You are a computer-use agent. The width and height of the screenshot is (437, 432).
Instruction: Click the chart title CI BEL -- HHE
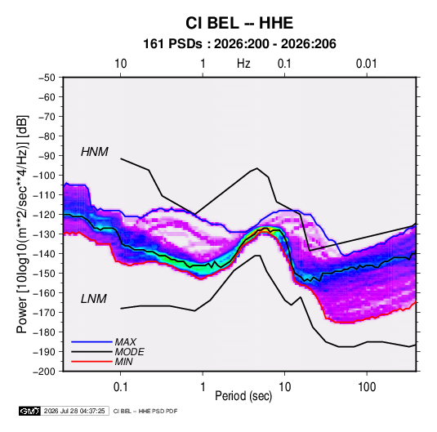click(x=239, y=23)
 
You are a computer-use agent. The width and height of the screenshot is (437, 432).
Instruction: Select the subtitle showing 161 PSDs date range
click(x=239, y=44)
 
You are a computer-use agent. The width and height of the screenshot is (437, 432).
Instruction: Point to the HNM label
click(x=95, y=152)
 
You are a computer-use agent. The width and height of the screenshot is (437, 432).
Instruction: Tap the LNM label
click(x=94, y=299)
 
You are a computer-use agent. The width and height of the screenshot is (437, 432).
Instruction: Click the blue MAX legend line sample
click(x=91, y=342)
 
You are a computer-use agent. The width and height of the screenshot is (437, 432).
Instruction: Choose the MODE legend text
click(x=130, y=352)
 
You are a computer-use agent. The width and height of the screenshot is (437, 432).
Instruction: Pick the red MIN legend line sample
click(x=91, y=362)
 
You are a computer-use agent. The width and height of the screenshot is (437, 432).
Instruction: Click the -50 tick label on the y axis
click(x=47, y=78)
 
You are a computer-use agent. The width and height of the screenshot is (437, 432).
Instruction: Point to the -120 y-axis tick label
click(x=44, y=215)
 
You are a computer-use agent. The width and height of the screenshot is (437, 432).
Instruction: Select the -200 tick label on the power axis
click(x=44, y=372)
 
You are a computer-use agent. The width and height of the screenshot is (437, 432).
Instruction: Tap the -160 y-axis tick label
click(x=44, y=293)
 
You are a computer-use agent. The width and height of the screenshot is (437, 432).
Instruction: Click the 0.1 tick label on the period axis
click(x=121, y=387)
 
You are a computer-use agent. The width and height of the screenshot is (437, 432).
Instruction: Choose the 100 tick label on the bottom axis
click(x=367, y=387)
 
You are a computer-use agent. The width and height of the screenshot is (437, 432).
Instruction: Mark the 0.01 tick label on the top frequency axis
click(x=367, y=64)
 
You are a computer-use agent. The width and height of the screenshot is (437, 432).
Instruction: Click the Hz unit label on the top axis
click(x=243, y=64)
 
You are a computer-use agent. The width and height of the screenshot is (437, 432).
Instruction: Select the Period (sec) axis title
click(x=243, y=396)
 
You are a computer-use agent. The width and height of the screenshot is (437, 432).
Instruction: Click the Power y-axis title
click(x=22, y=224)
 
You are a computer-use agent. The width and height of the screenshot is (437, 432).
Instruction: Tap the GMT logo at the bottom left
click(x=30, y=411)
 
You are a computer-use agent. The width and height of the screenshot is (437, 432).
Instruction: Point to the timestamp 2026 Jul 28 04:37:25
click(x=74, y=411)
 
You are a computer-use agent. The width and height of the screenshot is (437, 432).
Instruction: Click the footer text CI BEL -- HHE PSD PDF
click(x=145, y=411)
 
